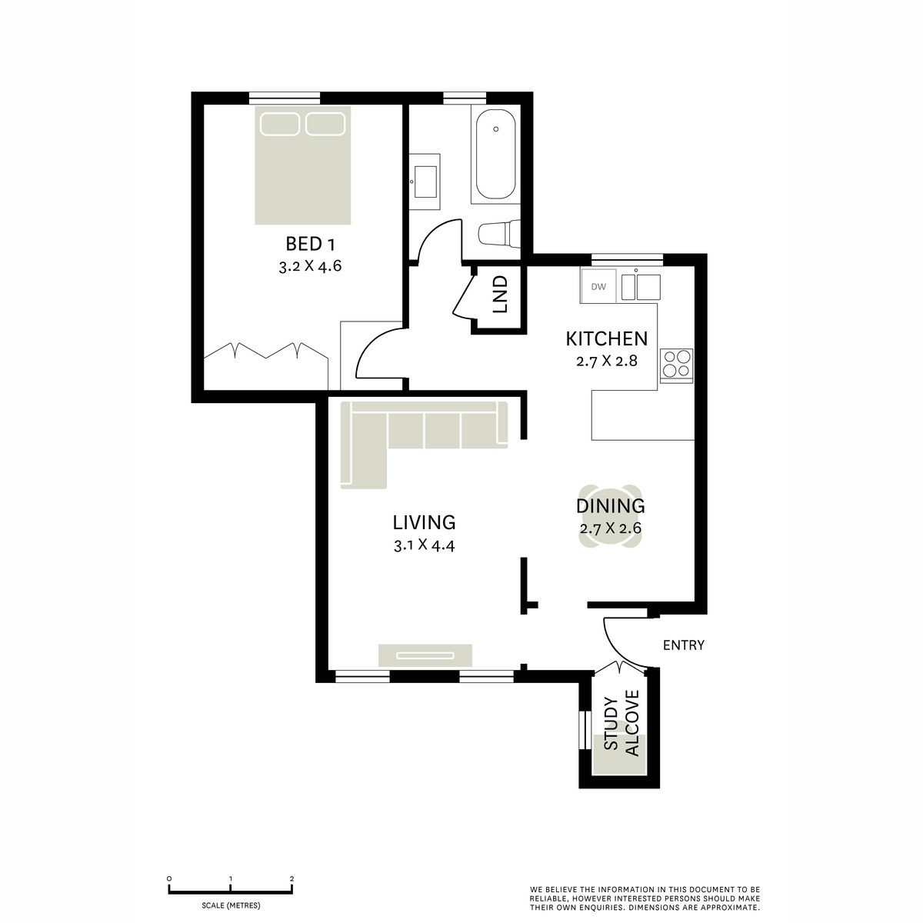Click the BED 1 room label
(311, 245)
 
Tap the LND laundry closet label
(501, 294)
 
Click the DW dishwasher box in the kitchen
(599, 288)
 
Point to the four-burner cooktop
(676, 364)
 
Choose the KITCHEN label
(607, 338)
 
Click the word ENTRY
(684, 645)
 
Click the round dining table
(610, 516)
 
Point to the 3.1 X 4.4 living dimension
(425, 547)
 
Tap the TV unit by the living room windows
(425, 655)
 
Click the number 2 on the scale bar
(292, 878)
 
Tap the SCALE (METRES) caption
(231, 905)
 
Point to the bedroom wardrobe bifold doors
(266, 351)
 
